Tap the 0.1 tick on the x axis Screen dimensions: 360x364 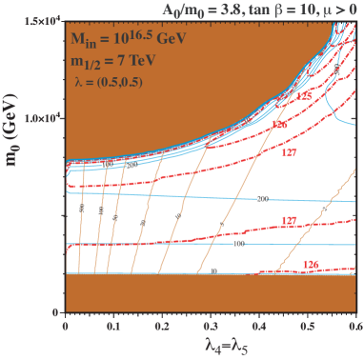(113, 326)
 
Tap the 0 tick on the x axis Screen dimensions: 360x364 (65, 326)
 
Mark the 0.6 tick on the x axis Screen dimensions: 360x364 (354, 326)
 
